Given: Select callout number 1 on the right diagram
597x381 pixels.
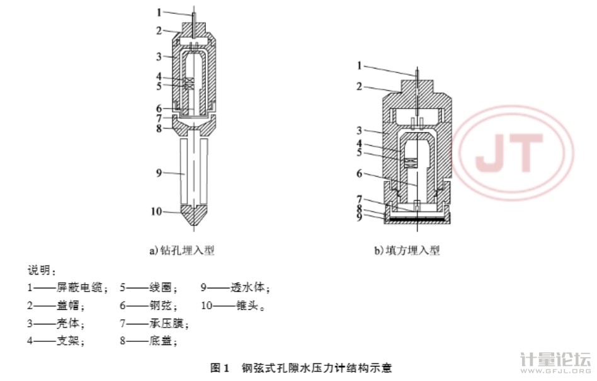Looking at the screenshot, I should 360,65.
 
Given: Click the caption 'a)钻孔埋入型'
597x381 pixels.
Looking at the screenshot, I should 182,251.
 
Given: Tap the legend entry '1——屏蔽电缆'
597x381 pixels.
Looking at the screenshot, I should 68,288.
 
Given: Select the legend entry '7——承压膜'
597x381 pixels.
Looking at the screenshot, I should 156,324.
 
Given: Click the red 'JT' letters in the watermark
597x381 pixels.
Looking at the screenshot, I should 509,152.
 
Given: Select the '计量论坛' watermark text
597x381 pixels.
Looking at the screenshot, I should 556,361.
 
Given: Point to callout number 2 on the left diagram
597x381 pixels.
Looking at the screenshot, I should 159,30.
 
